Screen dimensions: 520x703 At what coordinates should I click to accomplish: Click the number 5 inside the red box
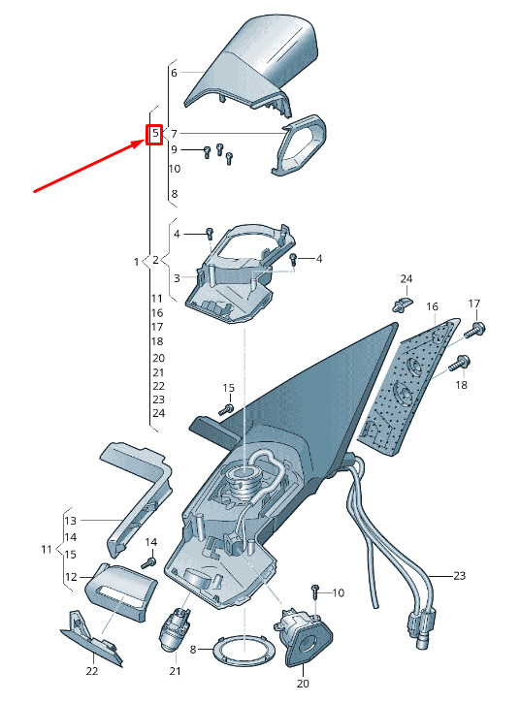[155, 133]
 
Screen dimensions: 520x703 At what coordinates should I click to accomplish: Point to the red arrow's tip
[146, 141]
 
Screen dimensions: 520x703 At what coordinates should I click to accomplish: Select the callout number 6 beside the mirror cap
[174, 73]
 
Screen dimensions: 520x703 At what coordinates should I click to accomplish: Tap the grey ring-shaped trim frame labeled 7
[299, 144]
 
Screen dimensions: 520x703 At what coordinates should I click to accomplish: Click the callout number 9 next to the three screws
[174, 149]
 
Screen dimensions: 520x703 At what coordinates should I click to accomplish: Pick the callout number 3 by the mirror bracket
[177, 278]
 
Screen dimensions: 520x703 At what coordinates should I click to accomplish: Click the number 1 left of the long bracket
[137, 262]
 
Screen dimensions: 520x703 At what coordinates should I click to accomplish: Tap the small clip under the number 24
[403, 304]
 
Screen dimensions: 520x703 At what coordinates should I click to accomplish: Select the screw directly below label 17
[474, 330]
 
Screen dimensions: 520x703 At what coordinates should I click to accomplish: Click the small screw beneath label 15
[227, 409]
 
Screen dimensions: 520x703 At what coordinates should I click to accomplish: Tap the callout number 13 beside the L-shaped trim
[71, 521]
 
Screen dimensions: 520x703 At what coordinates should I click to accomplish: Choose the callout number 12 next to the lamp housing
[71, 577]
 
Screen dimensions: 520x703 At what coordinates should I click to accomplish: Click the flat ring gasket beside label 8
[244, 649]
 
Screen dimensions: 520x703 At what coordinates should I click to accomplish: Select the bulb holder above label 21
[174, 628]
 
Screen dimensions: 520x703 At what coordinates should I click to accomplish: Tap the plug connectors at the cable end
[418, 627]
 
